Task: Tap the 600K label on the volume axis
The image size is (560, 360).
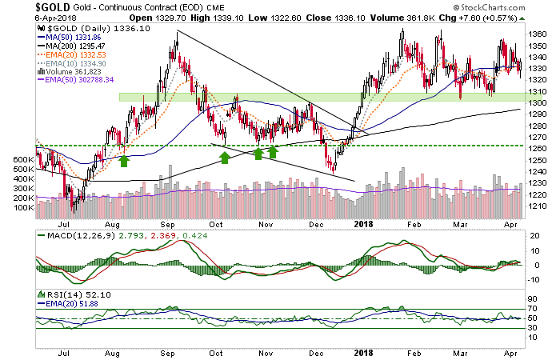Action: [25, 160]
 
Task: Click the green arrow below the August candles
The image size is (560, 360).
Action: [124, 161]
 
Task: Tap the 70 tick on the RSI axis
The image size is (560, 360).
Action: [530, 308]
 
